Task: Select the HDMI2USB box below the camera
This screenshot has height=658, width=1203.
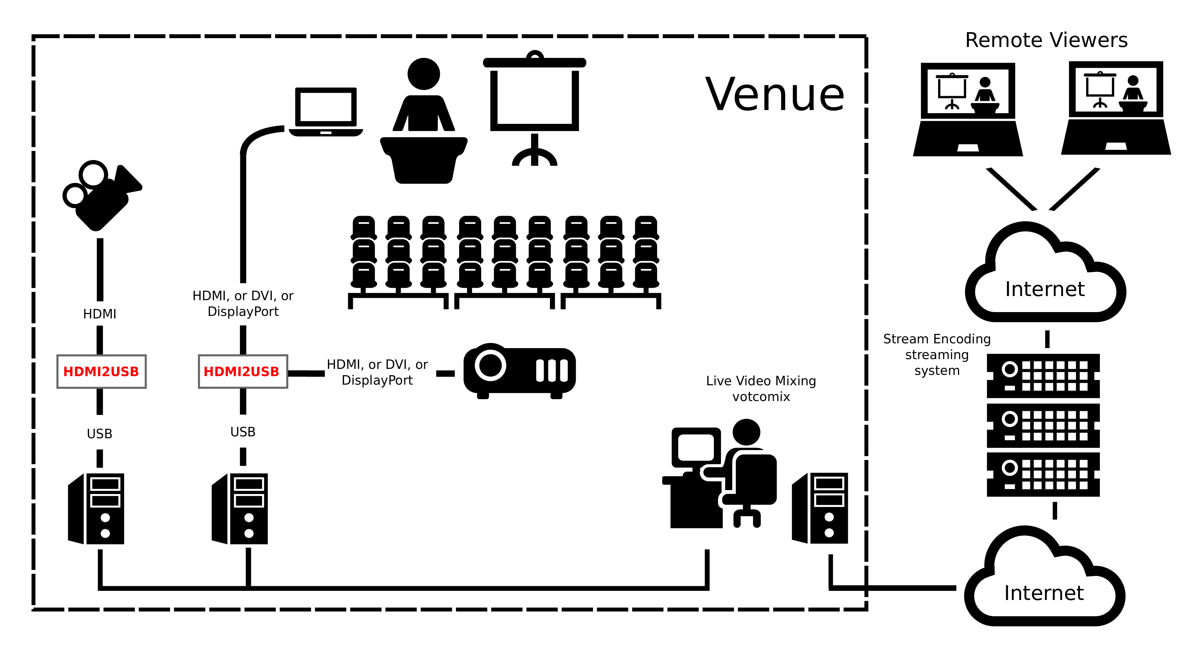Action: pos(101,371)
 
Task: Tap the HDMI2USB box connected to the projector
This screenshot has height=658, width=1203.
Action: pos(243,371)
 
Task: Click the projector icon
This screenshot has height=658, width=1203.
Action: pos(519,371)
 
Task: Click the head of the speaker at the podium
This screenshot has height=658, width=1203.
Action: pos(423,74)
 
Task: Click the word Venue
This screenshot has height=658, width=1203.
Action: pos(775,95)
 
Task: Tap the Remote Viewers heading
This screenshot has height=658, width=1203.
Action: pos(1046,40)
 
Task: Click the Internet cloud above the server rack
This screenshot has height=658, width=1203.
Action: pos(1045,280)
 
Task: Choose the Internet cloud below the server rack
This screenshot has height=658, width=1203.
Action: pos(1044,584)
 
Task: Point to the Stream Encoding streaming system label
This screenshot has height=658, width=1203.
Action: pos(937,354)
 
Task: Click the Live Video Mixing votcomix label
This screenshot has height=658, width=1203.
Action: pos(761,388)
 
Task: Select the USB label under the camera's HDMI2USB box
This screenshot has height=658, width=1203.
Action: pos(99,434)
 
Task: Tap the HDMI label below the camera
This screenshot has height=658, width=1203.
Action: pos(99,314)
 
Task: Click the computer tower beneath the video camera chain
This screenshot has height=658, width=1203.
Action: pos(97,509)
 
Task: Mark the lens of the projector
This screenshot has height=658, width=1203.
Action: pos(490,365)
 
